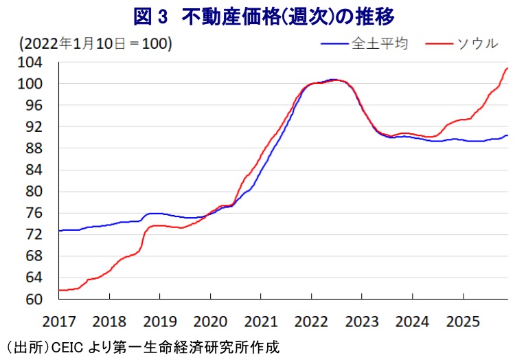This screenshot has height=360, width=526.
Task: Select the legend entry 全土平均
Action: tap(380, 43)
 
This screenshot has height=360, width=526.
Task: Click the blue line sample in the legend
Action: tap(334, 44)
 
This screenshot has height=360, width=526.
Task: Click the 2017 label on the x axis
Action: tap(58, 321)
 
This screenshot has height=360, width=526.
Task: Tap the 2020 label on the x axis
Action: tap(209, 321)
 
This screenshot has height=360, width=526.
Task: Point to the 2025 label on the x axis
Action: tap(462, 321)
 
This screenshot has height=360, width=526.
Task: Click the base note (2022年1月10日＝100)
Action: tap(95, 44)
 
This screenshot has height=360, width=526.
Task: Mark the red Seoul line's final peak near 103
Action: tap(507, 68)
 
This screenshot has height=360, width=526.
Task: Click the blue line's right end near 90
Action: tap(507, 135)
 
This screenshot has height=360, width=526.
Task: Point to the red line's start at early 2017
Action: tap(60, 290)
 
